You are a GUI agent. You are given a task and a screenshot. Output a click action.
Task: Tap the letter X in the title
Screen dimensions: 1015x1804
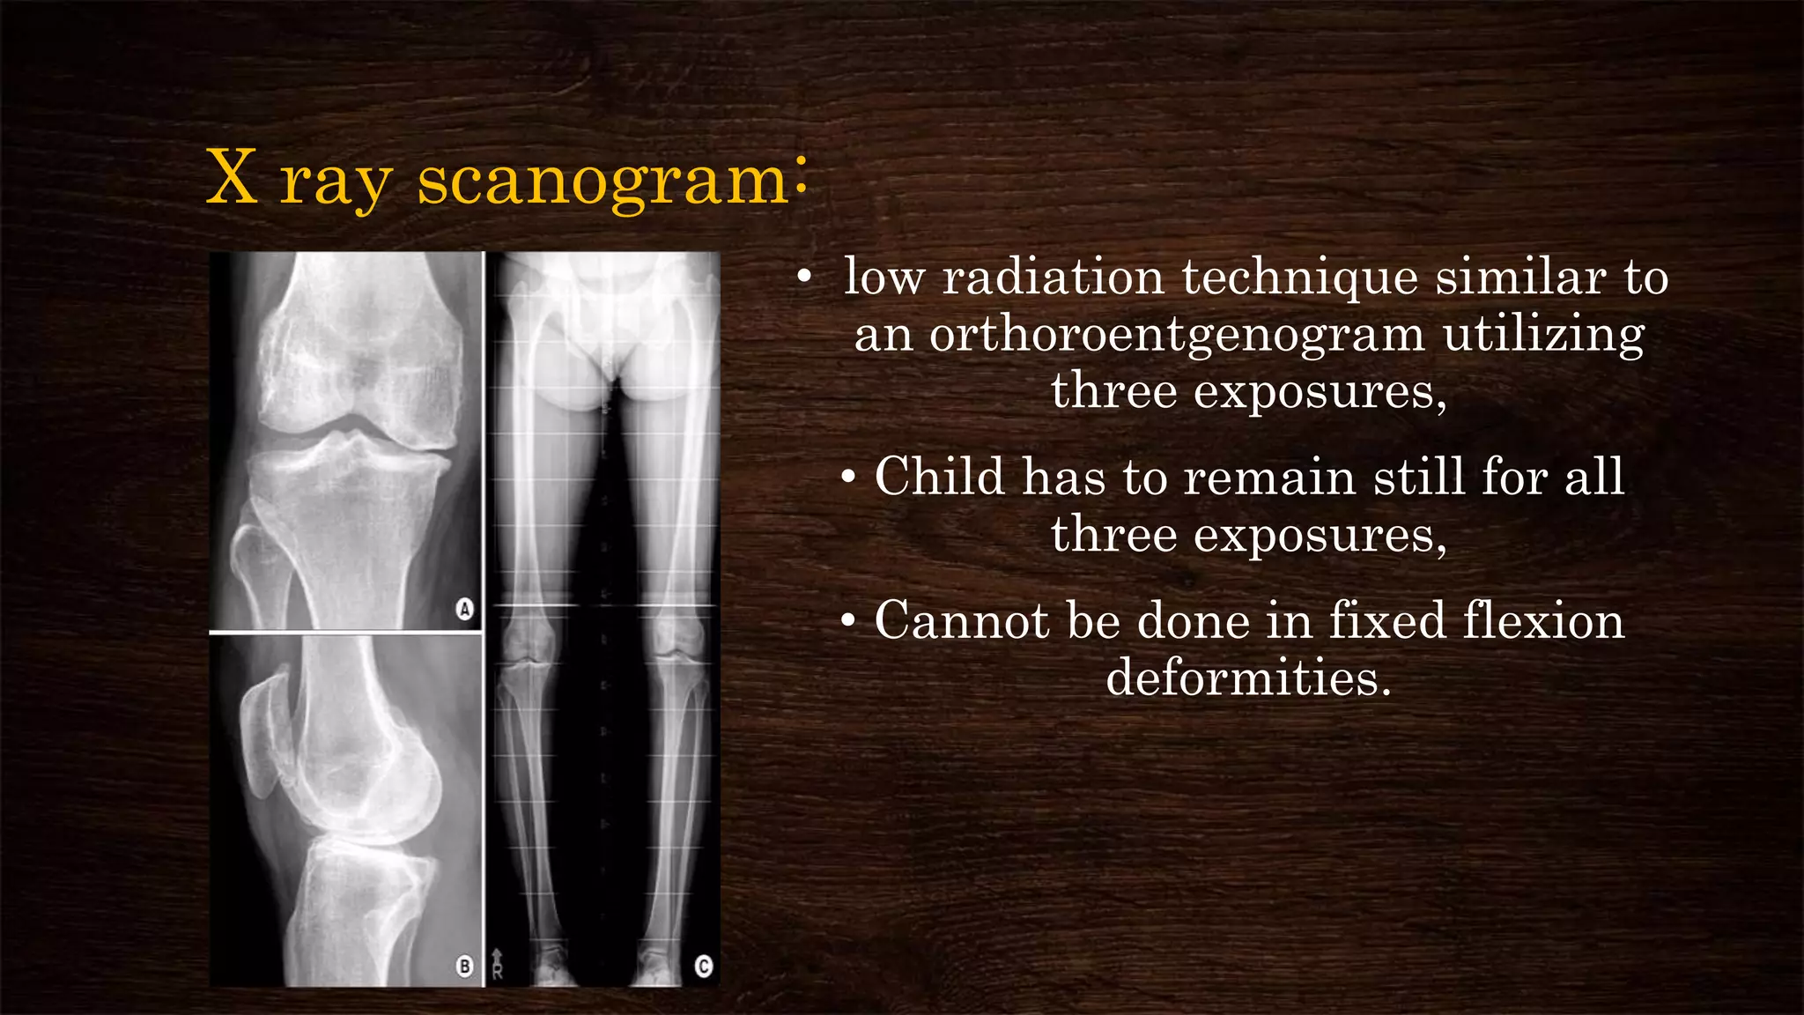[x=232, y=179]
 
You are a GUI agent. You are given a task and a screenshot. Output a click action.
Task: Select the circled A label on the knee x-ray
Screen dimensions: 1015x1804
[x=464, y=609]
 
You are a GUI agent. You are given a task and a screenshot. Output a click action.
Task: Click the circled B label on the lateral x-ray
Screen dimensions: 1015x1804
[x=464, y=967]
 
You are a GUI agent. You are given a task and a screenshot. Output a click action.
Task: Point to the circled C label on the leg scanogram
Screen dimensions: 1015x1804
[x=703, y=967]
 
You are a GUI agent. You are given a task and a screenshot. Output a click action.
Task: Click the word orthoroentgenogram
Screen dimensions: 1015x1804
[x=1177, y=335]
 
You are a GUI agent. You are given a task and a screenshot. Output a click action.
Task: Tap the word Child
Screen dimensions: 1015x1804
[x=939, y=478]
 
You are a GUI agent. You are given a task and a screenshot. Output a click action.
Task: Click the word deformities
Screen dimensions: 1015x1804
[x=1248, y=678]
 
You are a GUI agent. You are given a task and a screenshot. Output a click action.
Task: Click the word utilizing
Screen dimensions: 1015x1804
[x=1543, y=335]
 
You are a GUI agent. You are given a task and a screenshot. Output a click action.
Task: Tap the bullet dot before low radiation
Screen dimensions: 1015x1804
[x=803, y=278]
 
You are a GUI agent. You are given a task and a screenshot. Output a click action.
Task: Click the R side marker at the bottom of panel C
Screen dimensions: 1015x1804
[x=498, y=967]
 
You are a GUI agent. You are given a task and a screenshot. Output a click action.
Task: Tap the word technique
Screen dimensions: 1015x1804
[x=1299, y=278]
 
